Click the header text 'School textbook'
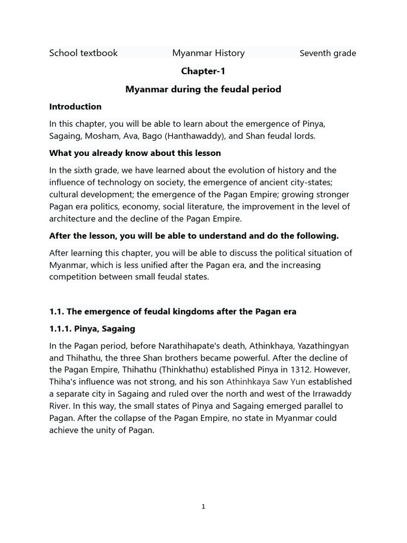83,53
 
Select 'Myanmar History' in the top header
208,53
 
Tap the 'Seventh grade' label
328,53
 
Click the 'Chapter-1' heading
203,71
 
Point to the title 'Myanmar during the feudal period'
203,89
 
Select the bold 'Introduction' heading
75,107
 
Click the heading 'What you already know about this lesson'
135,153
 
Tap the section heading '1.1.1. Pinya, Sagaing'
92,329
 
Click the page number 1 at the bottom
203,507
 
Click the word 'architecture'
72,219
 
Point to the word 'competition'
73,277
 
